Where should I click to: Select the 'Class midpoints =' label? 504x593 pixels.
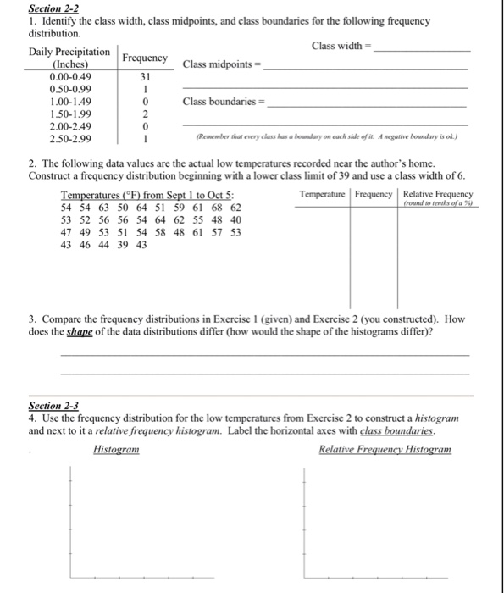223,64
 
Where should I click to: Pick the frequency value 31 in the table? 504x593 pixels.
145,76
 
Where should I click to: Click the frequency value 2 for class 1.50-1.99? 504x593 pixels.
146,114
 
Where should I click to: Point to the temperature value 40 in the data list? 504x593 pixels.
235,219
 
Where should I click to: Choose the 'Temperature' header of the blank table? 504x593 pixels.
324,195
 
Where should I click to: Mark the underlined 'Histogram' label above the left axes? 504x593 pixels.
116,449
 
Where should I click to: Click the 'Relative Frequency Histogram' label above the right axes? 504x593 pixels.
385,449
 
